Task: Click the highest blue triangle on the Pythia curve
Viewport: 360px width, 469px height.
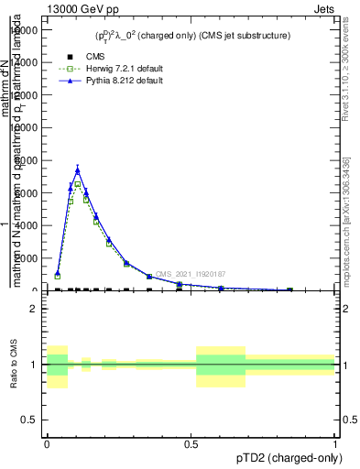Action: click(78, 169)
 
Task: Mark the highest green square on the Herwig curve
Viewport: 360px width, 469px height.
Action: click(78, 184)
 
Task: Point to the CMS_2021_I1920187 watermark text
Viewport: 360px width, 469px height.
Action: click(191, 274)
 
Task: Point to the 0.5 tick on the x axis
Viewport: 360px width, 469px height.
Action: click(191, 444)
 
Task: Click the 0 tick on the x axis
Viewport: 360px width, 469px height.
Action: click(47, 444)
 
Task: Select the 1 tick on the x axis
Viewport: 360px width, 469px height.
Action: click(335, 444)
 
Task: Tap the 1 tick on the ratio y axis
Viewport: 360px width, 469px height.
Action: click(34, 365)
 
